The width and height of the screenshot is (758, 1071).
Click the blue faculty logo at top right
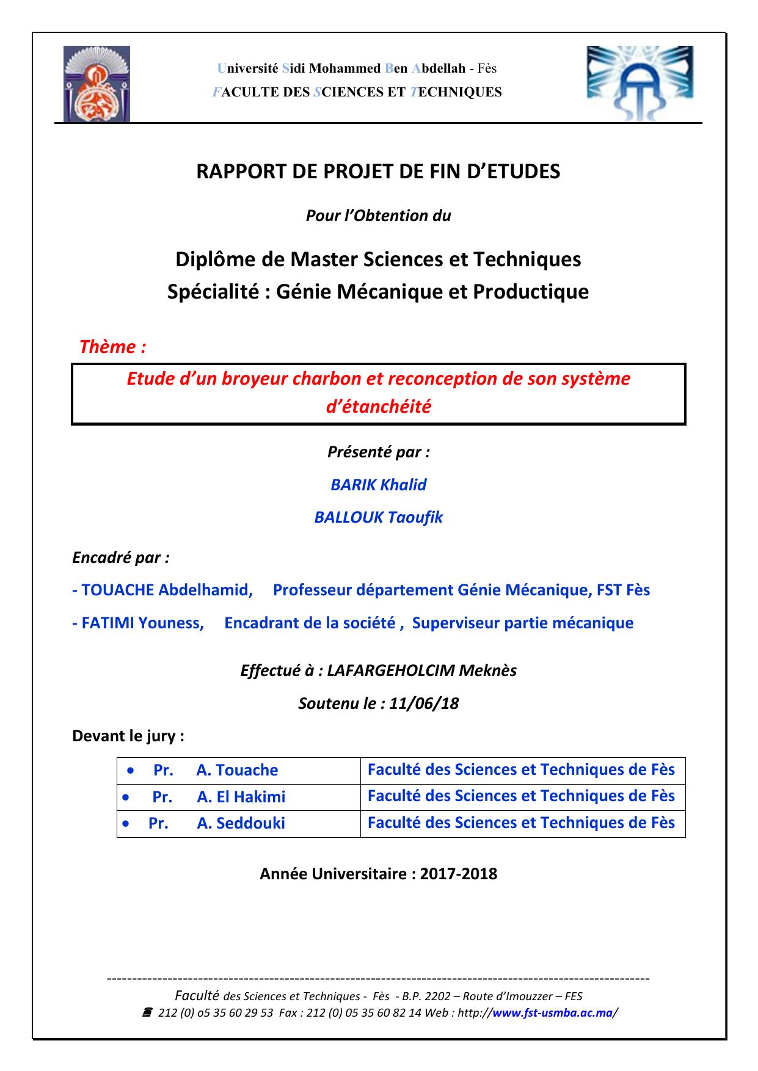pyautogui.click(x=640, y=84)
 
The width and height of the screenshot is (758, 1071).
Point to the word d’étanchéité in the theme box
pyautogui.click(x=379, y=407)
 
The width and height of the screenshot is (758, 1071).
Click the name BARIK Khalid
pyautogui.click(x=379, y=485)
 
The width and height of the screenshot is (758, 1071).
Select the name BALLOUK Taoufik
pyautogui.click(x=379, y=517)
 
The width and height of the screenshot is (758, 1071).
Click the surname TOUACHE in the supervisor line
pyautogui.click(x=118, y=590)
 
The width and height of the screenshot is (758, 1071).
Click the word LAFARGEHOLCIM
pyautogui.click(x=391, y=670)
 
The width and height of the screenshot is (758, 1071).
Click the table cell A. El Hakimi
pyautogui.click(x=241, y=797)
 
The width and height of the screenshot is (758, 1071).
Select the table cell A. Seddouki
pyautogui.click(x=241, y=823)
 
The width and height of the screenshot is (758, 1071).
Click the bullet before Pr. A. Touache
pyautogui.click(x=131, y=771)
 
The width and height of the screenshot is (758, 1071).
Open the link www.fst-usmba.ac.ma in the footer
pyautogui.click(x=552, y=1013)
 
